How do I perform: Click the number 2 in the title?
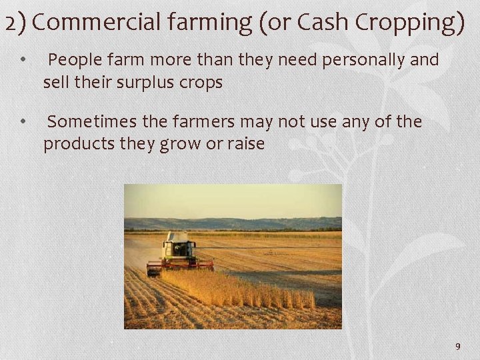[9, 23]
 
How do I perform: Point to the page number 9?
[457, 346]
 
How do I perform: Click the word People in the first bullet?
[73, 60]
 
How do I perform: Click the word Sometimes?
[93, 121]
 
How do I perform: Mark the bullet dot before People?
[23, 60]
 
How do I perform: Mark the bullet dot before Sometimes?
[23, 121]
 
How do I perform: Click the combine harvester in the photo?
[178, 253]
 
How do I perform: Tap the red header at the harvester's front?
[180, 265]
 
